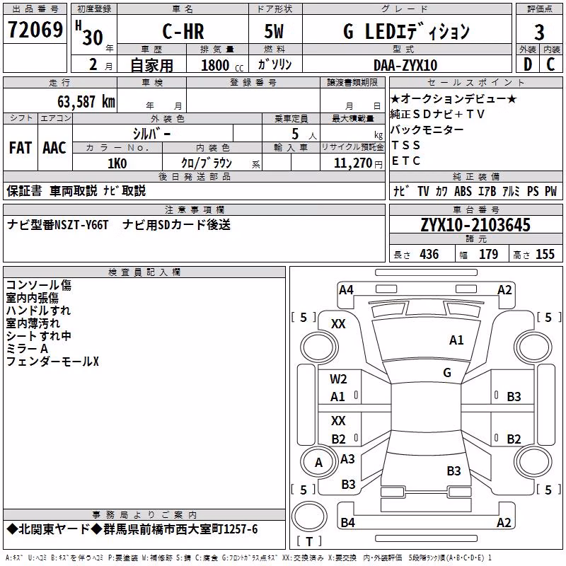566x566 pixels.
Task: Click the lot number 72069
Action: point(35,29)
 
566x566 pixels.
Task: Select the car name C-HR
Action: point(183,31)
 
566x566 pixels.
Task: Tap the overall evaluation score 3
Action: point(539,33)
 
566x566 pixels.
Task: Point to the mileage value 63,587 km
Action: point(86,102)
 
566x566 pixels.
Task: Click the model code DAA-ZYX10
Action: point(405,65)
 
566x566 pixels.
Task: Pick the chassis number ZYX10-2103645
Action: point(475,225)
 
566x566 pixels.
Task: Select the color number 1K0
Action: point(117,163)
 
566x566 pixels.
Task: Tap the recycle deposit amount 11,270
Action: point(352,163)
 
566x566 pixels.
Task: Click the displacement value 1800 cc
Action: point(222,66)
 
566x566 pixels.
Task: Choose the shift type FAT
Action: point(21,148)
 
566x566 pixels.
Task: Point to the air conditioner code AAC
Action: point(54,148)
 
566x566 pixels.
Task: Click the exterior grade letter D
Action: point(528,64)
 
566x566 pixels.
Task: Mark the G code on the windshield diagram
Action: point(447,372)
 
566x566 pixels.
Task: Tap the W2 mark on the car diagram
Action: point(338,379)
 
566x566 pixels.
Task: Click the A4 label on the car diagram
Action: point(346,290)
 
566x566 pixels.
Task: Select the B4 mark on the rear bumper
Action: point(347,522)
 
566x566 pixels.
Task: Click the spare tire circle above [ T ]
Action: point(309,516)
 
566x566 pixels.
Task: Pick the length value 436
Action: point(429,254)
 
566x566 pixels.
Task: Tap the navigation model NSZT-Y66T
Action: point(81,225)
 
